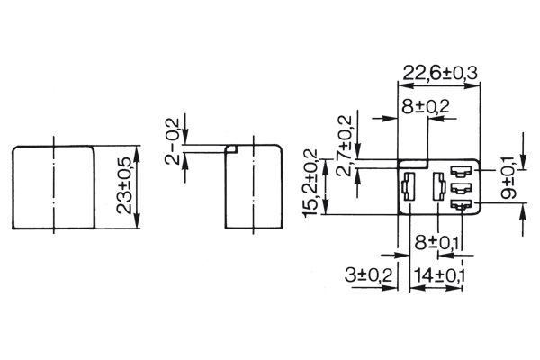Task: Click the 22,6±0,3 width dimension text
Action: point(440,71)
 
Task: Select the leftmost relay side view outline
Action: point(53,186)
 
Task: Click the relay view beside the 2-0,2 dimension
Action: point(254,186)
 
